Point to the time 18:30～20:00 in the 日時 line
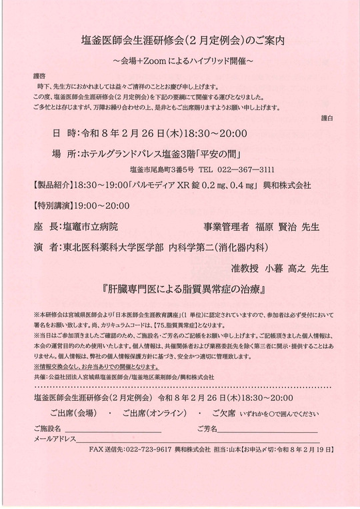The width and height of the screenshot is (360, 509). coord(200,132)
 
